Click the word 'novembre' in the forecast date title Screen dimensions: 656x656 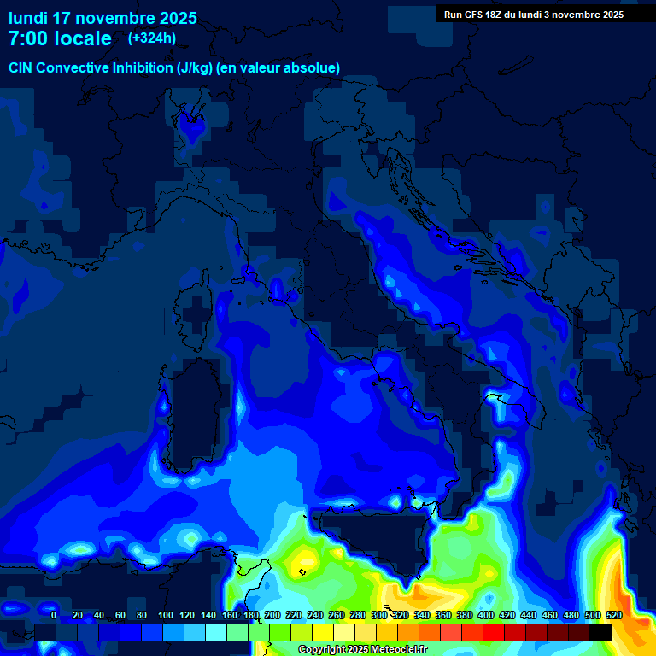point(116,18)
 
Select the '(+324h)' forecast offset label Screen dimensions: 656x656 point(152,38)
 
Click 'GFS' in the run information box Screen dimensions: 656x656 point(479,15)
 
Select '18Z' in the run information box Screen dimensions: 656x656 point(503,15)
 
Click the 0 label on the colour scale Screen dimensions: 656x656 point(54,615)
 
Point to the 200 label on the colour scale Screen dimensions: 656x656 point(272,615)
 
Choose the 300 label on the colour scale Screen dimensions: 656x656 point(379,615)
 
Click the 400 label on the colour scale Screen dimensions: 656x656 point(486,615)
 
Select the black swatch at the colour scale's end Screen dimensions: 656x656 point(600,632)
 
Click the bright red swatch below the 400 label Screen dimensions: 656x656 point(494,632)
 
